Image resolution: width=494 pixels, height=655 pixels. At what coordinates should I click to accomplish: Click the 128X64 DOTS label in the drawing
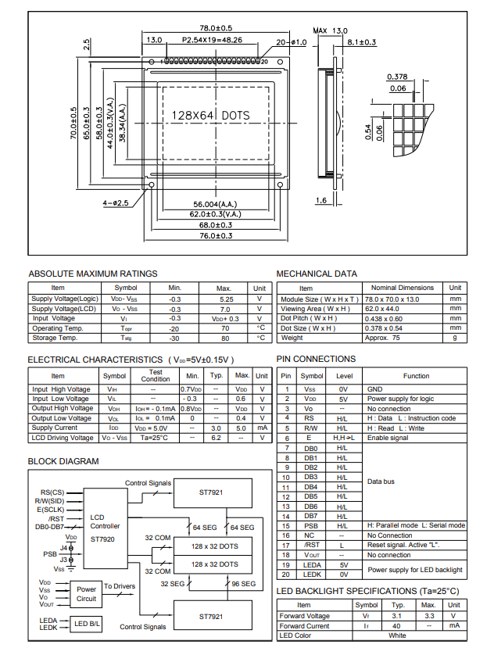pyautogui.click(x=211, y=116)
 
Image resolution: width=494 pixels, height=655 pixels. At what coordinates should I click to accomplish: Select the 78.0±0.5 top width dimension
pyautogui.click(x=217, y=28)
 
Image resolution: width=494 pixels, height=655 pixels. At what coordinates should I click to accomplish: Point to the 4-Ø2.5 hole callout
pyautogui.click(x=115, y=203)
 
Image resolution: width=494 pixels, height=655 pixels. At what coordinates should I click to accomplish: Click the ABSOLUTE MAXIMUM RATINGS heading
pyautogui.click(x=92, y=274)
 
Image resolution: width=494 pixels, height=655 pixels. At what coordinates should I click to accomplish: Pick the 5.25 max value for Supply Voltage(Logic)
pyautogui.click(x=226, y=299)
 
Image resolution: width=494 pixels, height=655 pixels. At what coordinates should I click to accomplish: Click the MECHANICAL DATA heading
pyautogui.click(x=317, y=274)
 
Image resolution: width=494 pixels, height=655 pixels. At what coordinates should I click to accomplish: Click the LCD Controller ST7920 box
pyautogui.click(x=106, y=528)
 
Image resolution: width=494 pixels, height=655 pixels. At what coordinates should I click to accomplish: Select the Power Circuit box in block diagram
pyautogui.click(x=87, y=594)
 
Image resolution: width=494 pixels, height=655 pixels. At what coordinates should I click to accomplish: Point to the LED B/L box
pyautogui.click(x=87, y=623)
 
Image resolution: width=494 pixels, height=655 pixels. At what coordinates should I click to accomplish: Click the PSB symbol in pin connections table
pyautogui.click(x=311, y=525)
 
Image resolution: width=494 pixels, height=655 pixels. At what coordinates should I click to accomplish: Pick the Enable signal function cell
pyautogui.click(x=388, y=438)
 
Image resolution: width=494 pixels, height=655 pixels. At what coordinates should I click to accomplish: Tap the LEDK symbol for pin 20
pyautogui.click(x=311, y=574)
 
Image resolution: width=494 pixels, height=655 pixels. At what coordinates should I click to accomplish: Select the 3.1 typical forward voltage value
pyautogui.click(x=398, y=616)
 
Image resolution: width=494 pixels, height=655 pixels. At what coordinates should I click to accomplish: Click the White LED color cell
pyautogui.click(x=397, y=635)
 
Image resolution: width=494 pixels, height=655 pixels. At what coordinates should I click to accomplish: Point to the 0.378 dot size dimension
pyautogui.click(x=397, y=77)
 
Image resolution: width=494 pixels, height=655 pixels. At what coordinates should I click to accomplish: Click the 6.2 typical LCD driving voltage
pyautogui.click(x=217, y=438)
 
